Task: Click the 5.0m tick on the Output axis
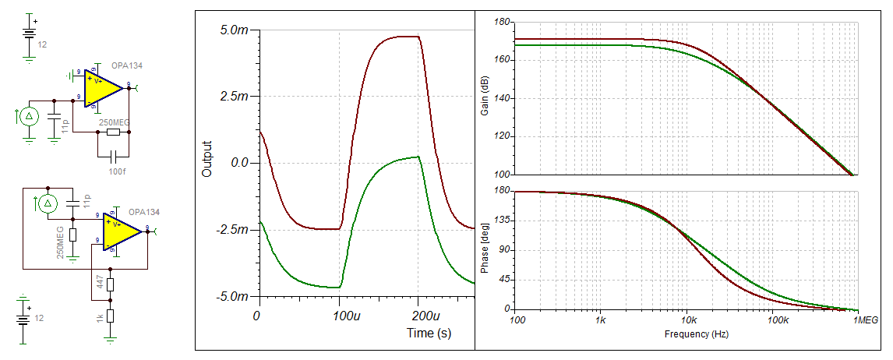click(233, 30)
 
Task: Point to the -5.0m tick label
click(231, 297)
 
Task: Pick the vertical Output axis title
click(207, 158)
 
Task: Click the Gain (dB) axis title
click(486, 98)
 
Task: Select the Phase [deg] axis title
click(486, 249)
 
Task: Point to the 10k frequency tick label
click(686, 320)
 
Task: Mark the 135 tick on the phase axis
click(501, 221)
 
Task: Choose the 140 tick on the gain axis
click(501, 98)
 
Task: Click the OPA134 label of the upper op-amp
click(126, 65)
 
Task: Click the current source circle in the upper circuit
click(29, 118)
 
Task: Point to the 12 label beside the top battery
click(42, 45)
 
